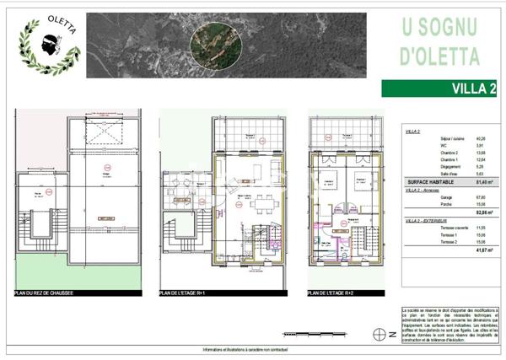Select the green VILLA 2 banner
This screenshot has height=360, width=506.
coord(438,88)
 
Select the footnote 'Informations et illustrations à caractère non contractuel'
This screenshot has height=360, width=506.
coord(252,350)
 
